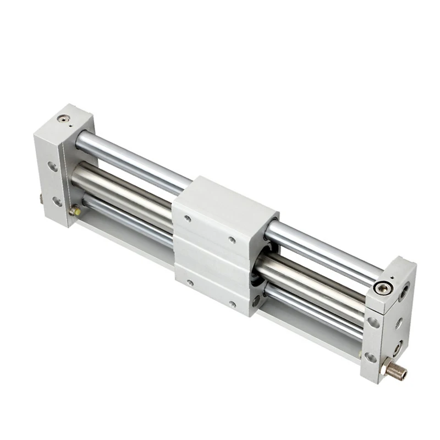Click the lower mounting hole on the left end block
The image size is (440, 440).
pos(56,201)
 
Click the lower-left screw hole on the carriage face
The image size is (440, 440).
pos(190,282)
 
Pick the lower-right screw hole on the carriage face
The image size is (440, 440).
pos(233,304)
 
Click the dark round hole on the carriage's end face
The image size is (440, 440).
pos(256,300)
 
